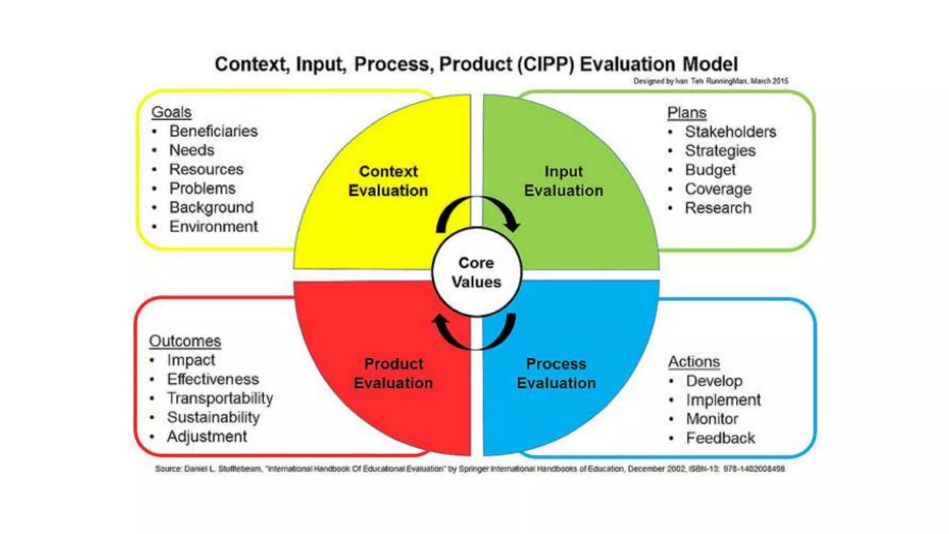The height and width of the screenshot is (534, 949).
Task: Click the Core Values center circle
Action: click(x=476, y=272)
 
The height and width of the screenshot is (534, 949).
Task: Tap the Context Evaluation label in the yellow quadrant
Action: click(x=388, y=181)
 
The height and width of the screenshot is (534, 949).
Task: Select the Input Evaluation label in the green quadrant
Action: click(x=563, y=181)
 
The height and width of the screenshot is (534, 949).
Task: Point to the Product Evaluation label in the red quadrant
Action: click(x=393, y=373)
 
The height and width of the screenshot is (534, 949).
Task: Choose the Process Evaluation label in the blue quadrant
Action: click(x=556, y=373)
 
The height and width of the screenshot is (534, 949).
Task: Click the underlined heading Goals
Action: click(x=171, y=112)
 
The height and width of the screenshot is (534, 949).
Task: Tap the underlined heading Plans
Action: click(x=687, y=113)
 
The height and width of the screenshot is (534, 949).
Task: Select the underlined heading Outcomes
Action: click(x=185, y=341)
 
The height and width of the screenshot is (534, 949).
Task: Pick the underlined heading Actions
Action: click(x=694, y=362)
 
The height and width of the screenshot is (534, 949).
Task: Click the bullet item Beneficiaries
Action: click(x=213, y=131)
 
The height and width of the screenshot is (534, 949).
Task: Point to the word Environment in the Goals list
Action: click(x=214, y=227)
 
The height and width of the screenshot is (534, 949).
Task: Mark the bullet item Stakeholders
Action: click(x=730, y=132)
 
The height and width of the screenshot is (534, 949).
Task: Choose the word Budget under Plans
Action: click(x=710, y=170)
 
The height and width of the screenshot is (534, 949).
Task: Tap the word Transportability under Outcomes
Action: click(x=220, y=398)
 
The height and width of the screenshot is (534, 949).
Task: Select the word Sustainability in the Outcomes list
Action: click(x=213, y=417)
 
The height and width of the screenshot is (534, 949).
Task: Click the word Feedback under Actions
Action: click(x=721, y=438)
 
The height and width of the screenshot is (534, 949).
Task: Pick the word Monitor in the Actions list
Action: click(x=712, y=419)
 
